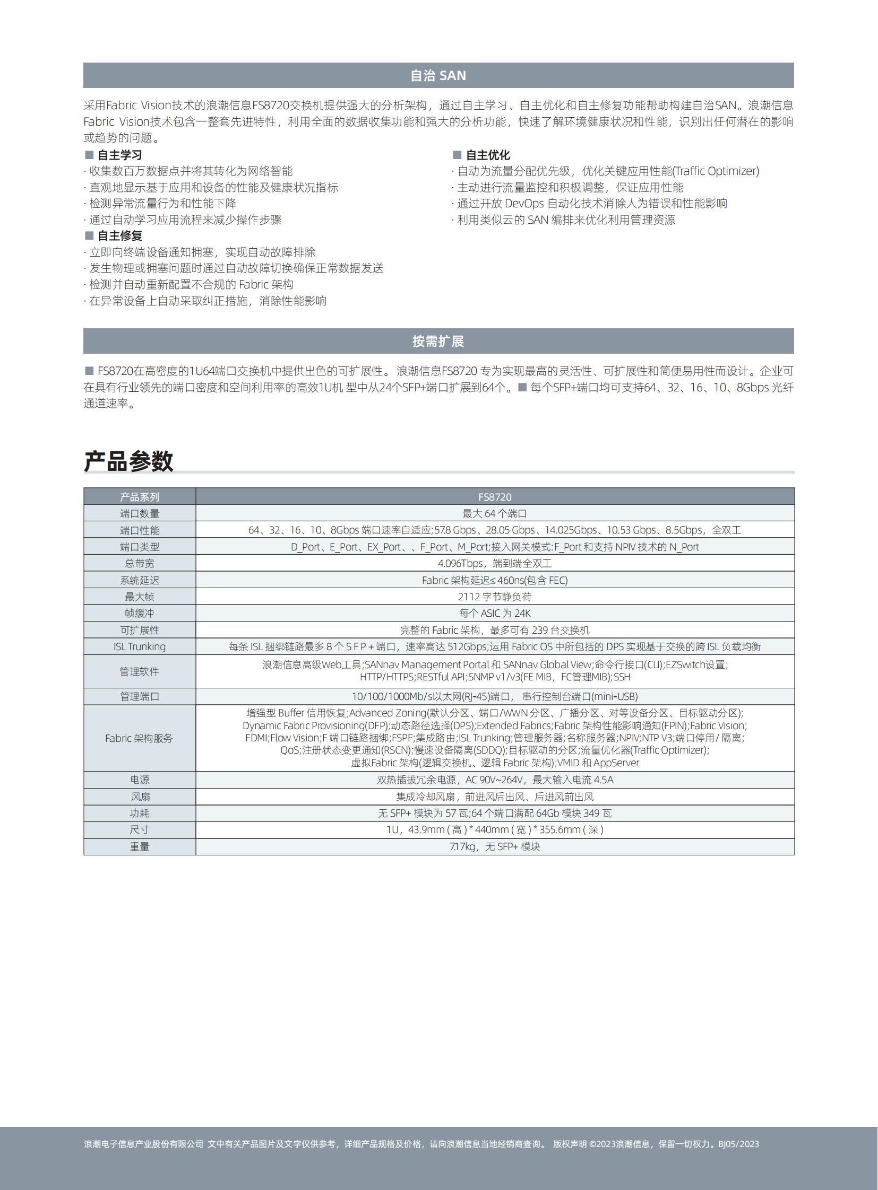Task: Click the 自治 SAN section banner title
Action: [438, 76]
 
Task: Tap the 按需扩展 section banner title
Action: [438, 342]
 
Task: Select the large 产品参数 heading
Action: [128, 461]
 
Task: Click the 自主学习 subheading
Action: [119, 155]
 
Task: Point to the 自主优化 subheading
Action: [487, 155]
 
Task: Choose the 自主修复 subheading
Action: [119, 236]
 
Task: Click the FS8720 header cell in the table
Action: [495, 497]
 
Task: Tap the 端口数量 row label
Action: [140, 513]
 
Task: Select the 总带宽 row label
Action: [140, 563]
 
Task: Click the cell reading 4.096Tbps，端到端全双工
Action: [495, 563]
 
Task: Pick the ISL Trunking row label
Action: [140, 647]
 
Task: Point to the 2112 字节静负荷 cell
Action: [495, 597]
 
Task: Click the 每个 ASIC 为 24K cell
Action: [495, 614]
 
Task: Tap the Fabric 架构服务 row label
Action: [139, 739]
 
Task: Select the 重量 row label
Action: [140, 847]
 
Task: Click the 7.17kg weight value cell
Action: [495, 847]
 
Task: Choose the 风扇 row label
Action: [140, 797]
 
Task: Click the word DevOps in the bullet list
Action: [524, 204]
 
